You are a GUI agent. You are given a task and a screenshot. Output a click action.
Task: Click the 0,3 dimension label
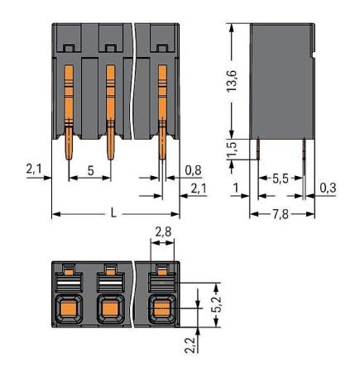(328, 188)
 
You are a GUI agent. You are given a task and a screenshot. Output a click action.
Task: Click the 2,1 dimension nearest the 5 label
(34, 169)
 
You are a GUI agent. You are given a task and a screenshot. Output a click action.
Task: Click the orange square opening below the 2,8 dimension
(161, 309)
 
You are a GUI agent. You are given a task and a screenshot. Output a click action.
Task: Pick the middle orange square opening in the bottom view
(109, 309)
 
